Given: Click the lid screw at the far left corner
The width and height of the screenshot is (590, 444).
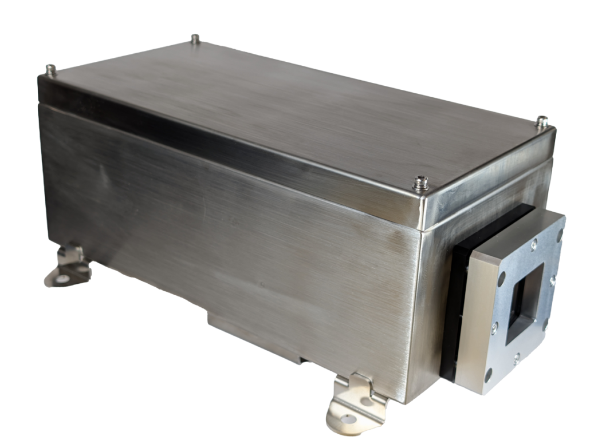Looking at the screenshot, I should click(x=51, y=70).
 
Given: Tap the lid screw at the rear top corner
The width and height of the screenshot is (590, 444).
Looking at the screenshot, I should click(x=195, y=40).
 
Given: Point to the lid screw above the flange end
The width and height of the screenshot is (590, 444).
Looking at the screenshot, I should click(x=541, y=121).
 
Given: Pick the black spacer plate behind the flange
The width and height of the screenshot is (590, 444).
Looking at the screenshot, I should click(x=453, y=298).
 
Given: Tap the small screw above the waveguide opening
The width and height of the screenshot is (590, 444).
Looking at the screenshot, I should click(x=534, y=245).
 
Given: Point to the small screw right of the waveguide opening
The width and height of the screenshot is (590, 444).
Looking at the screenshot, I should click(x=552, y=280).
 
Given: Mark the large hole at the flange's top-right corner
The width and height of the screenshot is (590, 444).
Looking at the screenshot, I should click(x=559, y=235).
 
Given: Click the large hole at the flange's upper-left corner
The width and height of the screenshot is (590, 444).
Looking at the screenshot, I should click(x=502, y=278).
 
